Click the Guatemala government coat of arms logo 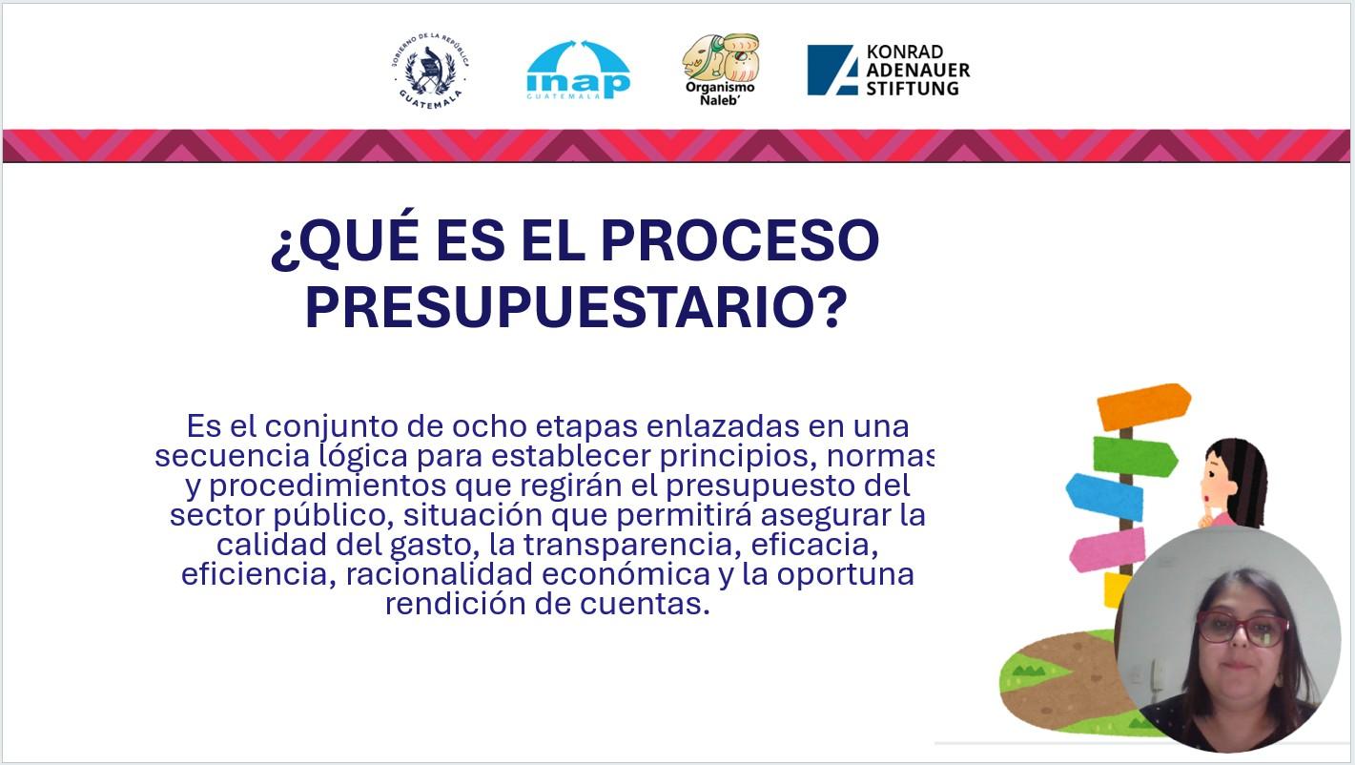pos(430,71)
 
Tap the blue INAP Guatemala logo pos(578,70)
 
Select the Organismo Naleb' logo pos(721,70)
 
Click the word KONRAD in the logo pos(905,52)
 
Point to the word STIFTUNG pos(913,89)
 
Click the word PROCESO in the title pos(740,239)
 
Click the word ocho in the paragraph pos(489,426)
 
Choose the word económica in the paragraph pos(626,573)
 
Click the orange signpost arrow pos(1143,406)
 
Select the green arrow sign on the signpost pos(1135,456)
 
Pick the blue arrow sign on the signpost pos(1104,496)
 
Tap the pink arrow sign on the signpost pos(1108,549)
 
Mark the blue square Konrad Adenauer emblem pos(832,70)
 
